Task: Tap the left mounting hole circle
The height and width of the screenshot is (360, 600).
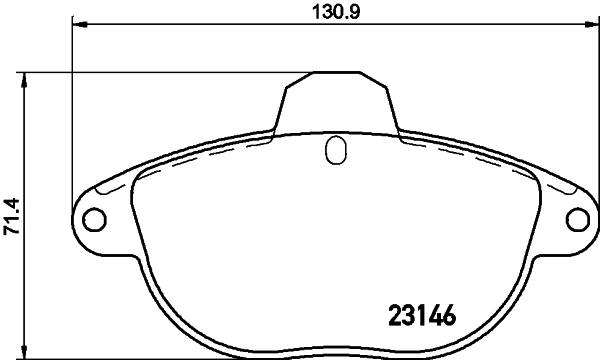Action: click(92, 219)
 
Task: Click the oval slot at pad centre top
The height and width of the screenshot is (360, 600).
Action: click(335, 151)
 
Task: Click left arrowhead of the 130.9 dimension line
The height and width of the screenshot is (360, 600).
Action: click(79, 24)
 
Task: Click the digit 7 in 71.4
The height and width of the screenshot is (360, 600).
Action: click(11, 231)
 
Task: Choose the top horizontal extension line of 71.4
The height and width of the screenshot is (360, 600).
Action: click(150, 71)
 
